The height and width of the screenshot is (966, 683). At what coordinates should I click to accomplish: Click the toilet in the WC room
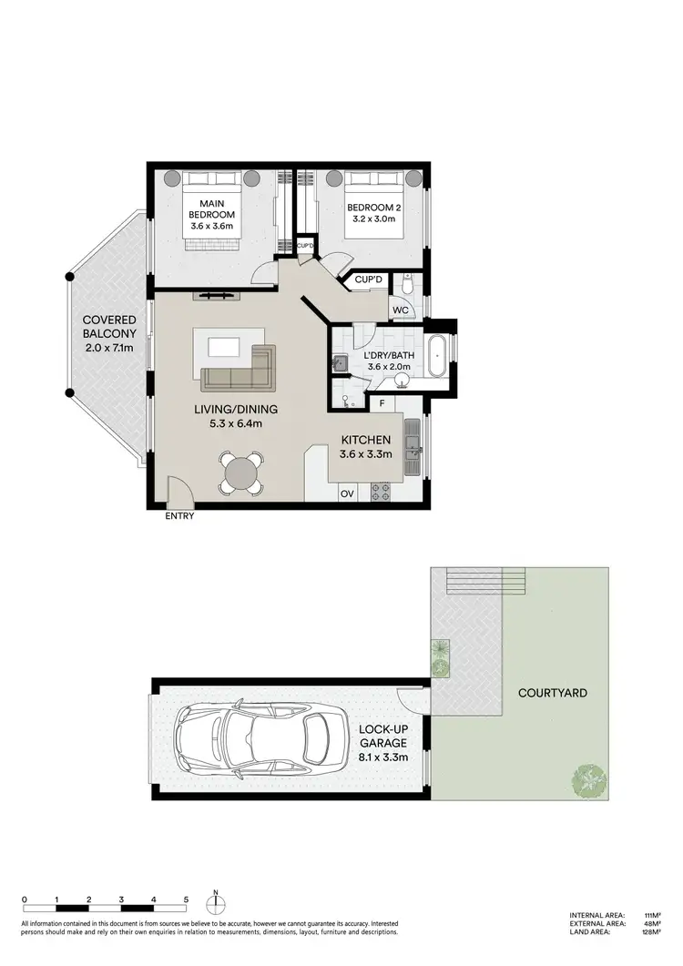click(x=409, y=286)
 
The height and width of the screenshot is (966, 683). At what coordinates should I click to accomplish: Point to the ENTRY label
click(x=179, y=516)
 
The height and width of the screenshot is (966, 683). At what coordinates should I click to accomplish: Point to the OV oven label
click(x=346, y=493)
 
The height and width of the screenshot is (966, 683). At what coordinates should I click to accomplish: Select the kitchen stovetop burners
click(x=381, y=493)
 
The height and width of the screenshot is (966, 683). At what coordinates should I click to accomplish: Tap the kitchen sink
click(x=412, y=445)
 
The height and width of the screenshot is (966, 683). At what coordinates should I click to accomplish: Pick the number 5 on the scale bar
click(x=186, y=899)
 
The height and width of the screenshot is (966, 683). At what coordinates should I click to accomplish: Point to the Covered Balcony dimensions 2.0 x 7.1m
click(x=109, y=347)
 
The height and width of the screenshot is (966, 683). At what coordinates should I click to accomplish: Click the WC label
click(x=401, y=310)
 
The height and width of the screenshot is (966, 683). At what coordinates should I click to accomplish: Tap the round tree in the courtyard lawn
click(x=588, y=779)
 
